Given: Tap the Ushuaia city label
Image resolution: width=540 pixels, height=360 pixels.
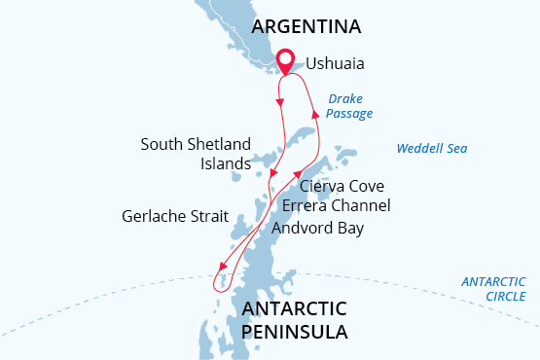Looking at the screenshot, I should pyautogui.click(x=336, y=64).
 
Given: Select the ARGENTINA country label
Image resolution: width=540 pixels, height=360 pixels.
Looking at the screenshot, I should pyautogui.click(x=306, y=26).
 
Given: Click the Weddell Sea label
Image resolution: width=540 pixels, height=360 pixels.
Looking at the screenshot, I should pyautogui.click(x=432, y=149).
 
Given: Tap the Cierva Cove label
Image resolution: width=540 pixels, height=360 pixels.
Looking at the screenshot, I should pyautogui.click(x=342, y=186).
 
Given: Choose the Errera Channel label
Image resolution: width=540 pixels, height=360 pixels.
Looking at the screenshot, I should pyautogui.click(x=336, y=205).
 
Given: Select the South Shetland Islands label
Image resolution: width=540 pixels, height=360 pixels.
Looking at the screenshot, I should pyautogui.click(x=196, y=154).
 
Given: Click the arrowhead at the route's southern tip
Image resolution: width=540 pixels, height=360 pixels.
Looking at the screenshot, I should pyautogui.click(x=223, y=270).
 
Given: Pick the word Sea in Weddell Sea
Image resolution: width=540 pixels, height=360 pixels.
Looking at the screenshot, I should pyautogui.click(x=457, y=149).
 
